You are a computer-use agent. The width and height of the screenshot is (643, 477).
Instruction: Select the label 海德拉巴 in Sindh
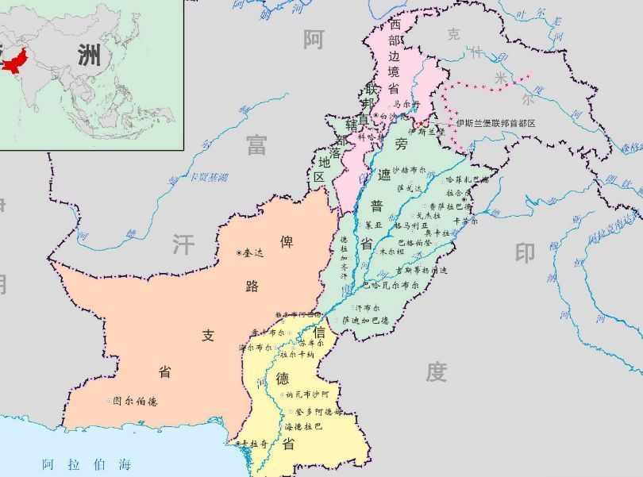click(303, 426)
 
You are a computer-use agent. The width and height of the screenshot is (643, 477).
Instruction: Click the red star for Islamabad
click(419, 124)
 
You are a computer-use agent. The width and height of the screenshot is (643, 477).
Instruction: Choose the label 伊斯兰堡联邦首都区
click(496, 124)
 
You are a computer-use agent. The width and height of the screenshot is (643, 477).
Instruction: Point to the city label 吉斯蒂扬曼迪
click(422, 270)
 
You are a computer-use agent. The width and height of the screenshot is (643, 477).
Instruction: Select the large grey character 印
click(525, 253)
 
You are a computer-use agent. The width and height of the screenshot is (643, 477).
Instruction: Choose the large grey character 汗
click(183, 244)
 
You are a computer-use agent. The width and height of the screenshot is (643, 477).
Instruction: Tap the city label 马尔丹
click(405, 104)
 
